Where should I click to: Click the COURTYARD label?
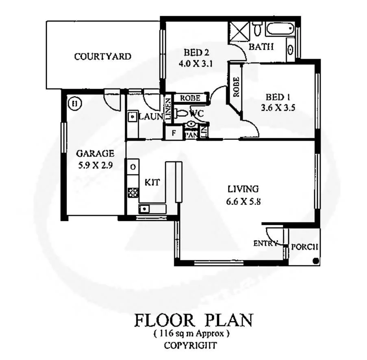click(102, 57)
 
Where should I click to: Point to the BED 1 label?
click(278, 98)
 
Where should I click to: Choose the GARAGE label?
click(95, 154)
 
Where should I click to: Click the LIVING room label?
click(243, 189)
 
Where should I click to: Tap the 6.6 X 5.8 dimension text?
click(243, 201)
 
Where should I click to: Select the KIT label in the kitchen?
click(152, 183)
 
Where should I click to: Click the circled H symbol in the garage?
click(74, 104)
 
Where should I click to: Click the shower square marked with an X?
click(238, 31)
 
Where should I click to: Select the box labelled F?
click(173, 133)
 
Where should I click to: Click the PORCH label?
click(304, 247)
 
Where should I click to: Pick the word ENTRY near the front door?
click(265, 244)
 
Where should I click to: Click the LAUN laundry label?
click(151, 117)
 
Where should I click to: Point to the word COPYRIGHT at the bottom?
click(190, 346)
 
